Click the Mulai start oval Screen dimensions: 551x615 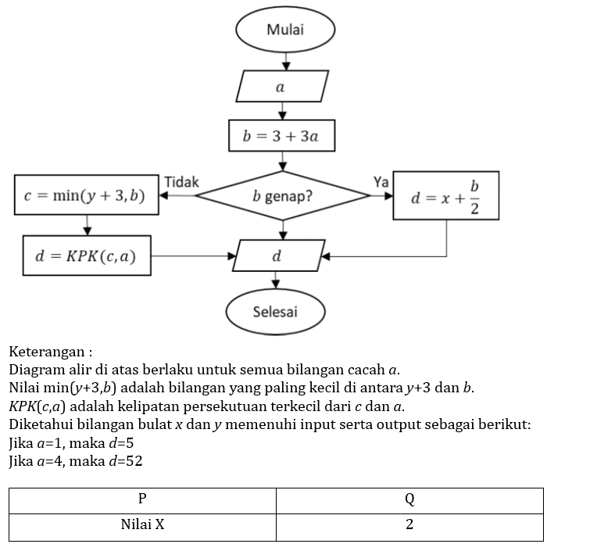pos(285,30)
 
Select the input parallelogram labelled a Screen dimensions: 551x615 pos(282,86)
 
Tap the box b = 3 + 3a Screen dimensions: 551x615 pos(281,136)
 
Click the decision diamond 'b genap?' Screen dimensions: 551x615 pos(282,195)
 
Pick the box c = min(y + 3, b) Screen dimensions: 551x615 pos(86,195)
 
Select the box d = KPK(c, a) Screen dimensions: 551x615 pos(86,256)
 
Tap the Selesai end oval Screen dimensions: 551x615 pos(275,312)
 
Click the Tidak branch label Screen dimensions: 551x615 pos(181,182)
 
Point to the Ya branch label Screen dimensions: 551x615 pos(381,182)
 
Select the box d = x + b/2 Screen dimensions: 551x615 pos(445,195)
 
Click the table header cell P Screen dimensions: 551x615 pos(142,499)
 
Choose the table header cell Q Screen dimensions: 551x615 pos(409,499)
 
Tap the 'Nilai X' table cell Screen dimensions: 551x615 pos(142,525)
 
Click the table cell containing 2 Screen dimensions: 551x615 pos(409,525)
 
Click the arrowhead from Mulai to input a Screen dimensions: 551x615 pos(286,65)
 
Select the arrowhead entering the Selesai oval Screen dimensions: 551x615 pos(275,286)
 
